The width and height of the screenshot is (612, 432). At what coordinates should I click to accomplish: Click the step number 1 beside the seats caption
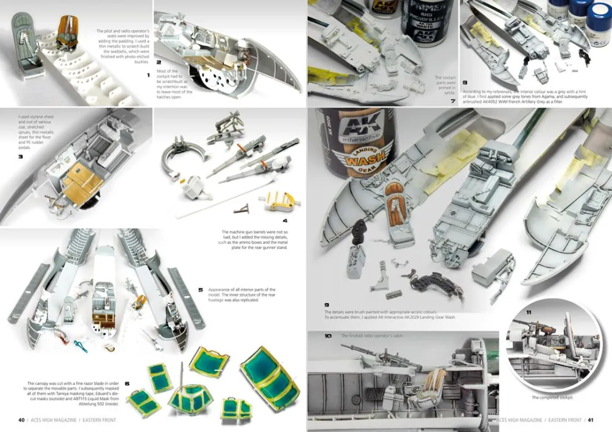coord(148,75)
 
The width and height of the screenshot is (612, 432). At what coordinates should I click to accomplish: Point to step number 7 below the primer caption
coord(452,100)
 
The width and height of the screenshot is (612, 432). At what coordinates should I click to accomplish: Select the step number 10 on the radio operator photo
coord(328,336)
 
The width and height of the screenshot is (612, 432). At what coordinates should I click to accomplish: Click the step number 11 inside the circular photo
coord(528,313)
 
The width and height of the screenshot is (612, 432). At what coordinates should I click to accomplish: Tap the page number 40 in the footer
coord(21,420)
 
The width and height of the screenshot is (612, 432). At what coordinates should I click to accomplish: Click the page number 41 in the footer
coord(591,420)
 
